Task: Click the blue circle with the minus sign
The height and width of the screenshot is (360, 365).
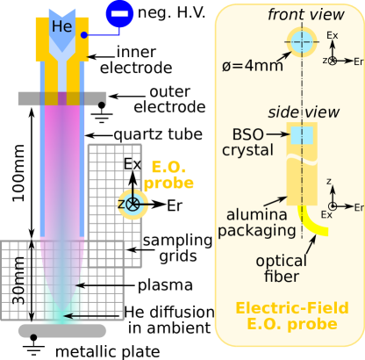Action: click(x=119, y=13)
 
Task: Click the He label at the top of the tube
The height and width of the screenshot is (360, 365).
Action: click(x=61, y=26)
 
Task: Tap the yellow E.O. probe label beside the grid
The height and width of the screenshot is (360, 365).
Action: click(x=168, y=175)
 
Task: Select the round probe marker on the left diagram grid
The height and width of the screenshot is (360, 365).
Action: click(x=133, y=204)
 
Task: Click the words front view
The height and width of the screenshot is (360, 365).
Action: click(x=300, y=14)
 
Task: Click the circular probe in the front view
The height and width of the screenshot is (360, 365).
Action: click(x=302, y=40)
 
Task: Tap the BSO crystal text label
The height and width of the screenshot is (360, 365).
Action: click(x=251, y=142)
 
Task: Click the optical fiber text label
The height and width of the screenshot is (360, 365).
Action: click(x=282, y=269)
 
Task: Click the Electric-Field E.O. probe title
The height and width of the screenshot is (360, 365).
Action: click(x=286, y=316)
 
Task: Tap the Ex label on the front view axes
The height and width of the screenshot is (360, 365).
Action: click(x=332, y=36)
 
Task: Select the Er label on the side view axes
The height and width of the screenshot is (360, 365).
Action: click(x=357, y=207)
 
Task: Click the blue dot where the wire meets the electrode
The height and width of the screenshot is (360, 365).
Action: click(x=84, y=36)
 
